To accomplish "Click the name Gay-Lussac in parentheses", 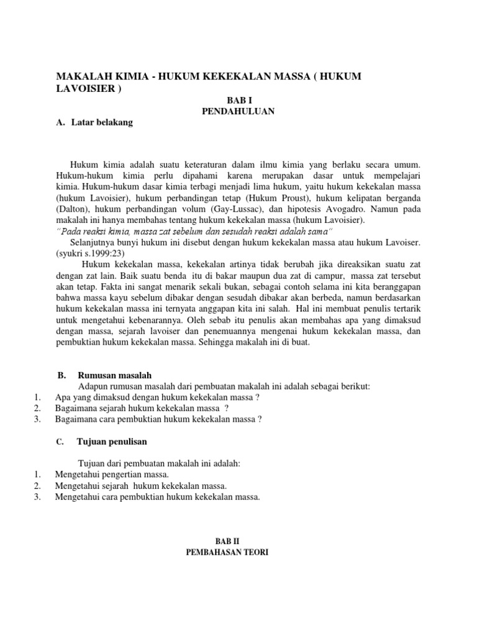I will pyautogui.click(x=235, y=209).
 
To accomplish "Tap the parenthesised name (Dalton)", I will pyautogui.click(x=75, y=209).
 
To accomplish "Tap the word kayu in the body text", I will pyautogui.click(x=121, y=298).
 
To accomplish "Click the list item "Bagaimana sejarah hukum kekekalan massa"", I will pyautogui.click(x=141, y=408).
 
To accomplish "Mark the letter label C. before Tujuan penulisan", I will pyautogui.click(x=60, y=442).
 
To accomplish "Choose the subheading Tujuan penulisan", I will pyautogui.click(x=112, y=442).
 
